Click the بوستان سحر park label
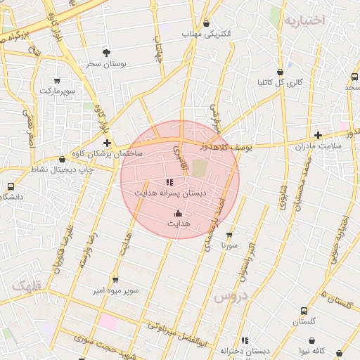[x=106, y=64]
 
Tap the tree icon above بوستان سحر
[x=106, y=53]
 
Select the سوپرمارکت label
[x=57, y=91]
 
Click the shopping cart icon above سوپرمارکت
[x=57, y=80]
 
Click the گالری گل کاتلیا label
[x=280, y=82]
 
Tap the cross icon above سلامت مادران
[x=318, y=135]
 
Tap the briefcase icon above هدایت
[x=178, y=213]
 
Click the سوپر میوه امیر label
[x=116, y=290]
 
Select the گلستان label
[x=304, y=321]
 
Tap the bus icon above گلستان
[x=304, y=311]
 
